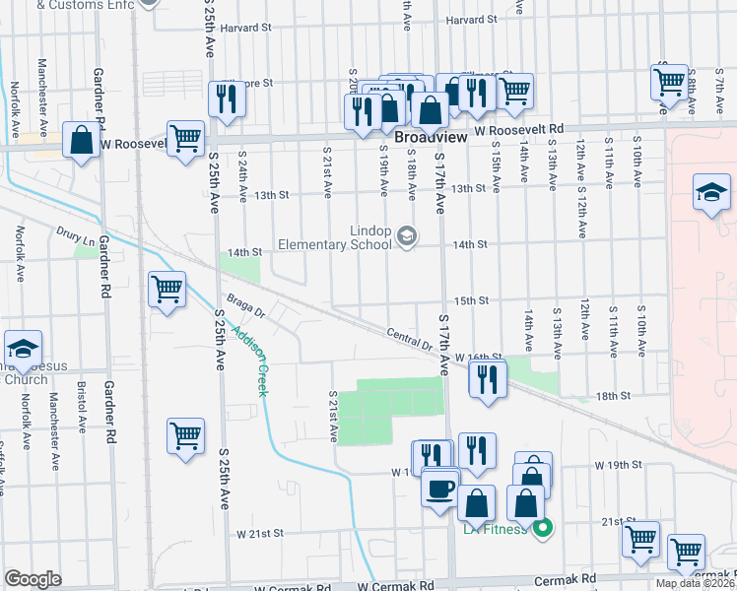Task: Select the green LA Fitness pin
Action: (x=542, y=530)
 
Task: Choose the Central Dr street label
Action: (x=410, y=340)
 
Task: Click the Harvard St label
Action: (x=468, y=20)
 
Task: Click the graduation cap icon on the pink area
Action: (x=711, y=191)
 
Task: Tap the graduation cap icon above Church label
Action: (x=22, y=348)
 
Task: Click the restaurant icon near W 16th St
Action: (x=487, y=377)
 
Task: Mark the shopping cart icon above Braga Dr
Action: (x=167, y=289)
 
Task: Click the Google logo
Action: (x=33, y=579)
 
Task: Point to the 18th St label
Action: (x=612, y=395)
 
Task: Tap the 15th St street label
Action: (x=471, y=300)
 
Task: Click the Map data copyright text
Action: (x=696, y=583)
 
